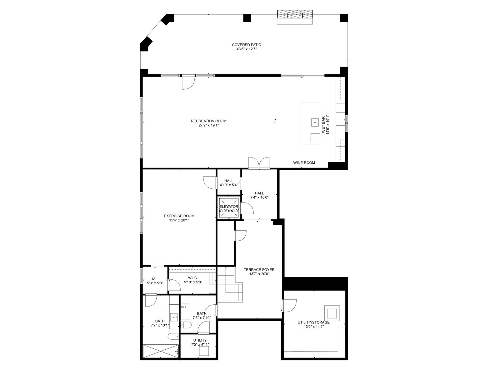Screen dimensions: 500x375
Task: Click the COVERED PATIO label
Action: point(247,45)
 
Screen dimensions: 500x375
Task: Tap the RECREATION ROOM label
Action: point(208,121)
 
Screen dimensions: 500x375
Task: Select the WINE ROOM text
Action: point(304,162)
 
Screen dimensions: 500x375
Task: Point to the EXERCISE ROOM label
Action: point(179,216)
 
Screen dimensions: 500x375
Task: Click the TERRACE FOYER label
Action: point(259,270)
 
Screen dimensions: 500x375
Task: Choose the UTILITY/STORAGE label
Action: point(313,322)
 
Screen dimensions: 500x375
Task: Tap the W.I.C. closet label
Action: point(193,278)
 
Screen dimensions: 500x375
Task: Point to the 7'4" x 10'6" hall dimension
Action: point(259,197)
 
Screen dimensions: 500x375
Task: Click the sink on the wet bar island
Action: point(315,122)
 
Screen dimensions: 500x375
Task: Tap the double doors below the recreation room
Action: point(259,163)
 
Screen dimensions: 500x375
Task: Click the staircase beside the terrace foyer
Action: point(230,285)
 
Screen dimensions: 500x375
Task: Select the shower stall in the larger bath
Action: point(160,352)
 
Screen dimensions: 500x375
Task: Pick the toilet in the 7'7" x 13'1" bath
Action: point(173,336)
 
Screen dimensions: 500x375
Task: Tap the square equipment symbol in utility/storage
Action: point(332,313)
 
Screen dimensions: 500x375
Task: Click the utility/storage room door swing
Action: point(289,306)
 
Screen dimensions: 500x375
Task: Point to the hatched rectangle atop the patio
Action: point(295,14)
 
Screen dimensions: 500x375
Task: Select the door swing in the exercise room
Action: point(210,182)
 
